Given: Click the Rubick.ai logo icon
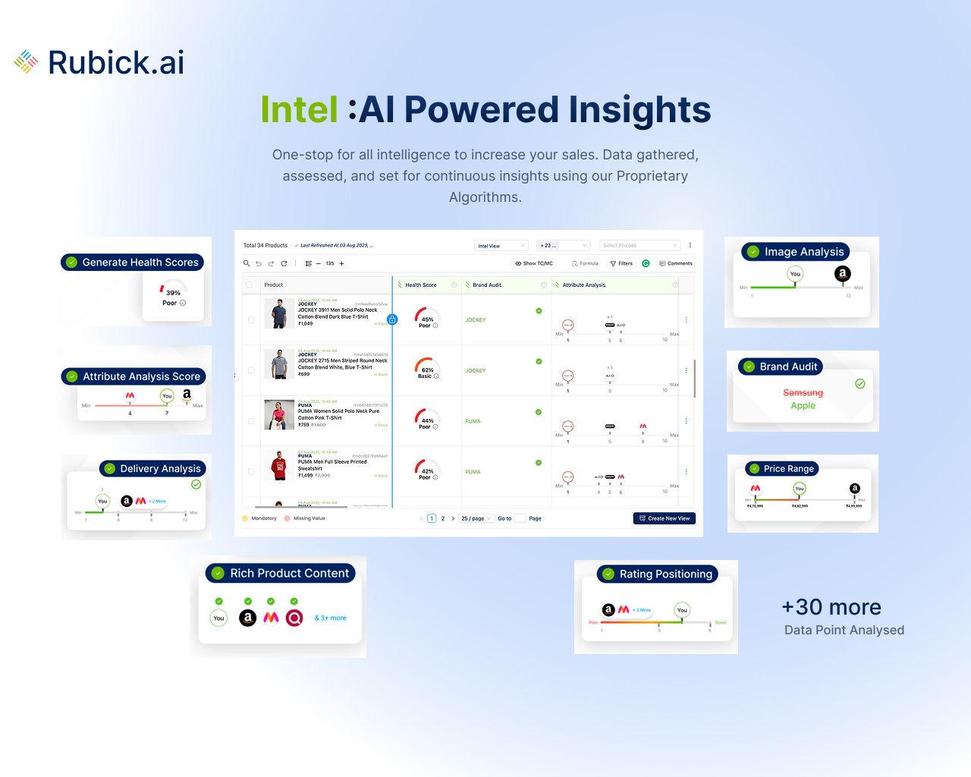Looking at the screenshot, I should (26, 62).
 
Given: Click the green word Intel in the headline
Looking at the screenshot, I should (299, 109).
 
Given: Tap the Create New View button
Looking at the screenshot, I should (664, 518).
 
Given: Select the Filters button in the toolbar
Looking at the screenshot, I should (621, 263).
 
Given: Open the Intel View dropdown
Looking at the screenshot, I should (501, 246).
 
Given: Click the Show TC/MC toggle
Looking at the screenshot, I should (534, 263).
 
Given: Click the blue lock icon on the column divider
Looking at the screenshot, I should (392, 319).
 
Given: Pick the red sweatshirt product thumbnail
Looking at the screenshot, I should (279, 465).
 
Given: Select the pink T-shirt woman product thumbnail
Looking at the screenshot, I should (279, 415).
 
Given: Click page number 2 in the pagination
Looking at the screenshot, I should (443, 518).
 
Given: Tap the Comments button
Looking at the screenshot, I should (676, 263).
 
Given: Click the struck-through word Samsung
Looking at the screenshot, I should (803, 392).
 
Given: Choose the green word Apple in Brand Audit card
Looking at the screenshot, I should (803, 406).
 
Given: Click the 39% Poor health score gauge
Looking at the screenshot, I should (173, 294).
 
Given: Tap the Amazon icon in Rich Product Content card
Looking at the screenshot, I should (248, 618).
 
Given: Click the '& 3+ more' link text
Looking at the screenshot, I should (331, 618).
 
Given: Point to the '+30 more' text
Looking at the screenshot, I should (831, 607).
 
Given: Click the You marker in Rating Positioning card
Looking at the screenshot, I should (682, 610).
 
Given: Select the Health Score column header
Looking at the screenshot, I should (421, 285).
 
